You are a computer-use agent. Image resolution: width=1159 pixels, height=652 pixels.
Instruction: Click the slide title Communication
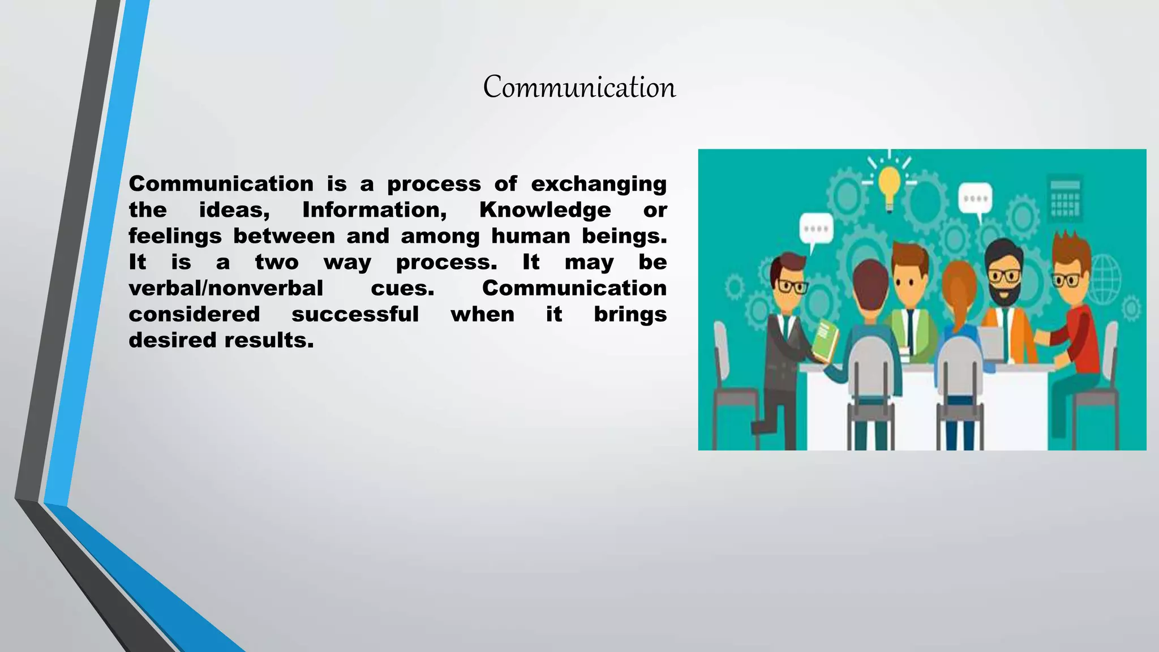pyautogui.click(x=579, y=88)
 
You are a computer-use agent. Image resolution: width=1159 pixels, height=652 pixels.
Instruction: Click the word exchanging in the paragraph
pyautogui.click(x=598, y=184)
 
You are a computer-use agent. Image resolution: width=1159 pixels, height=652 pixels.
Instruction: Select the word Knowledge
pyautogui.click(x=545, y=210)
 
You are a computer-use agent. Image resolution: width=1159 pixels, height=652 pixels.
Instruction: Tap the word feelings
pyautogui.click(x=175, y=236)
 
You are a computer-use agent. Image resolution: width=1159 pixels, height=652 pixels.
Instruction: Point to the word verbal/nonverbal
pyautogui.click(x=226, y=288)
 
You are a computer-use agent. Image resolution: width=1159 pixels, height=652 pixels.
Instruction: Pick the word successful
pyautogui.click(x=355, y=314)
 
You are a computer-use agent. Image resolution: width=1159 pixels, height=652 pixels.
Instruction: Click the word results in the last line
pyautogui.click(x=269, y=340)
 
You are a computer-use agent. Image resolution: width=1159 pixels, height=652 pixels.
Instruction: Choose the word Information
pyautogui.click(x=375, y=210)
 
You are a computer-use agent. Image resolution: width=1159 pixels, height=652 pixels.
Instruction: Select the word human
pyautogui.click(x=530, y=236)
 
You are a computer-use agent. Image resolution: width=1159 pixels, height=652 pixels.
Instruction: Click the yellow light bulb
pyautogui.click(x=889, y=184)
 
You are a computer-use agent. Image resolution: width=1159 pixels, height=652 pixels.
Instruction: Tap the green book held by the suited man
pyautogui.click(x=825, y=340)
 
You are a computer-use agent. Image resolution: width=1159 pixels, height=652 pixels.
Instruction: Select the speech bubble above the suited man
pyautogui.click(x=815, y=230)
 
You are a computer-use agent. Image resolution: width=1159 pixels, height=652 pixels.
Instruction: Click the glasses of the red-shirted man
pyautogui.click(x=1067, y=280)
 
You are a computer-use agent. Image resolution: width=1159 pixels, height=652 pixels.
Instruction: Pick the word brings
pyautogui.click(x=630, y=314)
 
